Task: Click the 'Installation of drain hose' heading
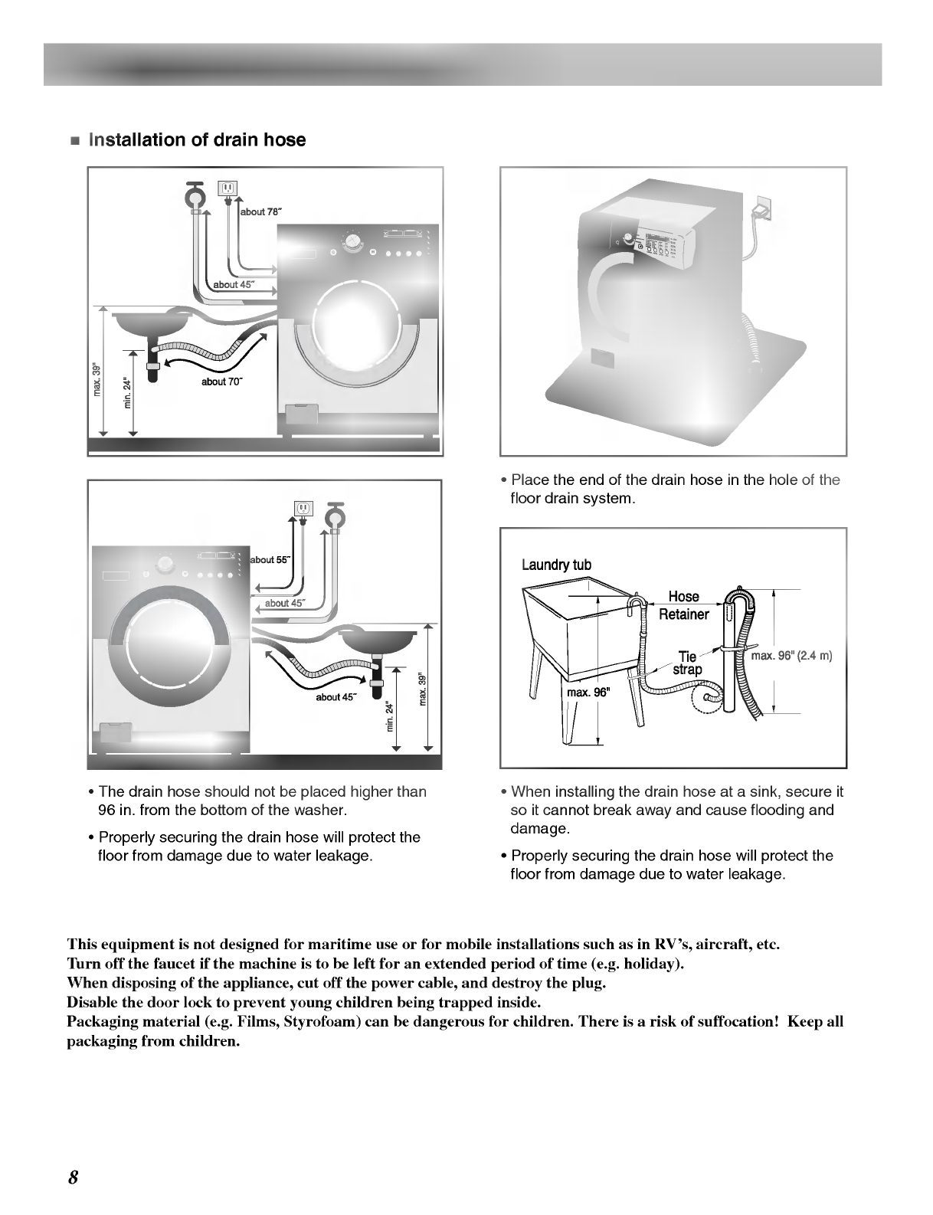click(198, 140)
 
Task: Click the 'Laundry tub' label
click(556, 565)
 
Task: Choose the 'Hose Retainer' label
click(684, 605)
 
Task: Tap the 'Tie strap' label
click(687, 663)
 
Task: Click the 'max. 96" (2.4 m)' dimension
click(791, 656)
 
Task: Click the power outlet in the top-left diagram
click(228, 188)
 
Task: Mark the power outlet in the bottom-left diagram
click(304, 509)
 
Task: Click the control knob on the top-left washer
click(353, 242)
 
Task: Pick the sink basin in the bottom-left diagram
click(378, 640)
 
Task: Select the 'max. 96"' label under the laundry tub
click(587, 693)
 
